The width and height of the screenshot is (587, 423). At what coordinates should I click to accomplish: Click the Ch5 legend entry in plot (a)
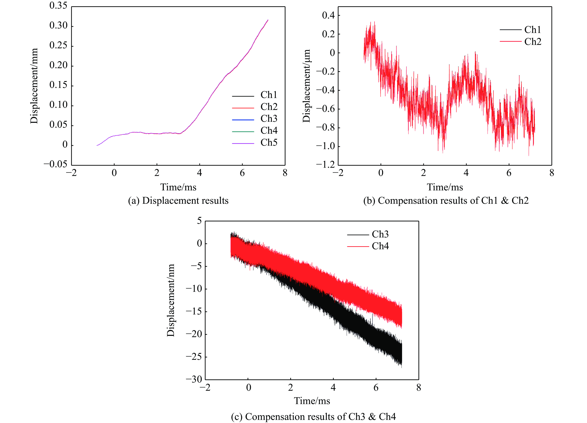pyautogui.click(x=269, y=142)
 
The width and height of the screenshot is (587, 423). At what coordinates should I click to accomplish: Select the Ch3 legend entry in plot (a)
pyautogui.click(x=269, y=119)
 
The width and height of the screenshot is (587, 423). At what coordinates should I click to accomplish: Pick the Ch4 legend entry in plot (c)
pyautogui.click(x=380, y=246)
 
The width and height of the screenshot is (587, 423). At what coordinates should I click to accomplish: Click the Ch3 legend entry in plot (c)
pyautogui.click(x=380, y=234)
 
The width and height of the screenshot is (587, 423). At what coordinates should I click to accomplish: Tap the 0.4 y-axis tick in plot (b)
pyautogui.click(x=328, y=15)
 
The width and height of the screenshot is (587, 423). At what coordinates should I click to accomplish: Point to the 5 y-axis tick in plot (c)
pyautogui.click(x=199, y=221)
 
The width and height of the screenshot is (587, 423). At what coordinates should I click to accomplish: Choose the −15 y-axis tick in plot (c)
pyautogui.click(x=194, y=311)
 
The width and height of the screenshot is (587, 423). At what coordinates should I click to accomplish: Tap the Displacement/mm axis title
pyautogui.click(x=34, y=86)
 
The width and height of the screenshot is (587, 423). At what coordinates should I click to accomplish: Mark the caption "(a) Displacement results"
pyautogui.click(x=178, y=201)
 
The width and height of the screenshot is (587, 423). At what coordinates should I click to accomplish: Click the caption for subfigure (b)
pyautogui.click(x=446, y=201)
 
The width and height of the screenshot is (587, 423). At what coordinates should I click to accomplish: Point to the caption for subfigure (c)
pyautogui.click(x=313, y=416)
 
